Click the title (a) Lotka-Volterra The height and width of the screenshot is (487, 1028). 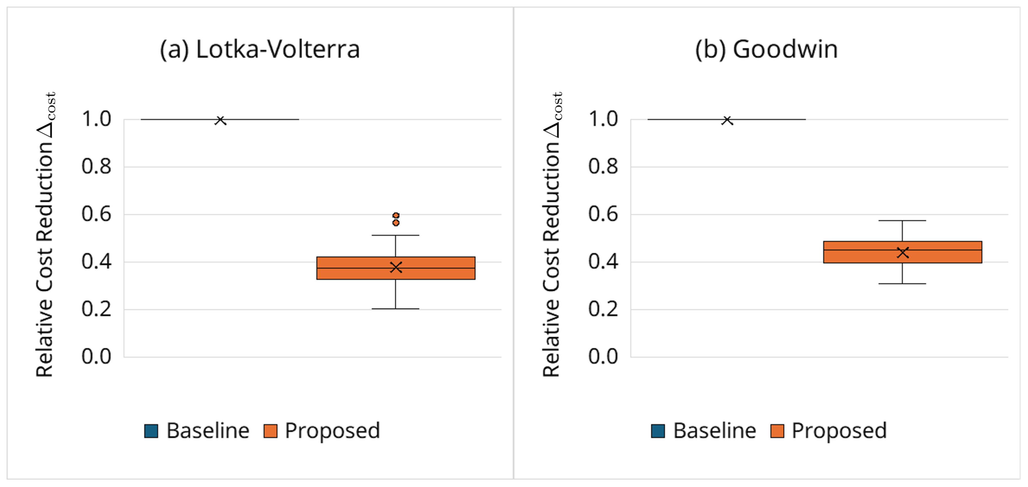tap(260, 50)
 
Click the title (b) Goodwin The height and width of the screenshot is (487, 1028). tap(766, 50)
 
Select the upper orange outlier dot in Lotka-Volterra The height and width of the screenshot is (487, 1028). tap(396, 215)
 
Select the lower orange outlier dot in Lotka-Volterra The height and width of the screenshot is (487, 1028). tap(396, 223)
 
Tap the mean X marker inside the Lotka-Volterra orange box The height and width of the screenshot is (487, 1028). tap(396, 267)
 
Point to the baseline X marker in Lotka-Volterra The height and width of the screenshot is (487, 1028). tap(220, 120)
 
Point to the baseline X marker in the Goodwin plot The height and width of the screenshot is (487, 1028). tap(727, 120)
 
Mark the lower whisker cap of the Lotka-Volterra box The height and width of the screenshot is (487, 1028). tap(396, 309)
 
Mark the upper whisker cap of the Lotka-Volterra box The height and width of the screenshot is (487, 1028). tap(396, 235)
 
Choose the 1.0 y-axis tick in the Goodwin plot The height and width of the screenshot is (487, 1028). tap(603, 119)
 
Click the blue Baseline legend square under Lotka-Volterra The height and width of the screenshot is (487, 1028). tap(151, 431)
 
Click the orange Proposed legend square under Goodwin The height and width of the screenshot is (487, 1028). tap(777, 431)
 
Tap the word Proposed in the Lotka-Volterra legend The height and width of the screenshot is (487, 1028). tap(332, 431)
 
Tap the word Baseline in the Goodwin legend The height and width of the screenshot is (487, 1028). tap(714, 431)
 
